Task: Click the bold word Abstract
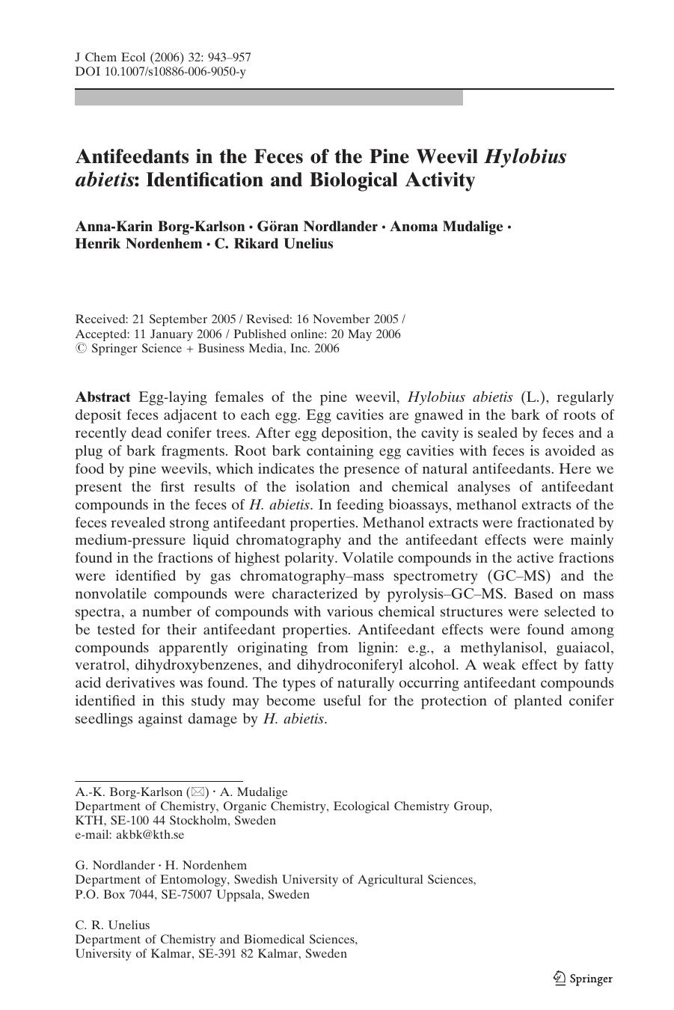pos(103,397)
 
